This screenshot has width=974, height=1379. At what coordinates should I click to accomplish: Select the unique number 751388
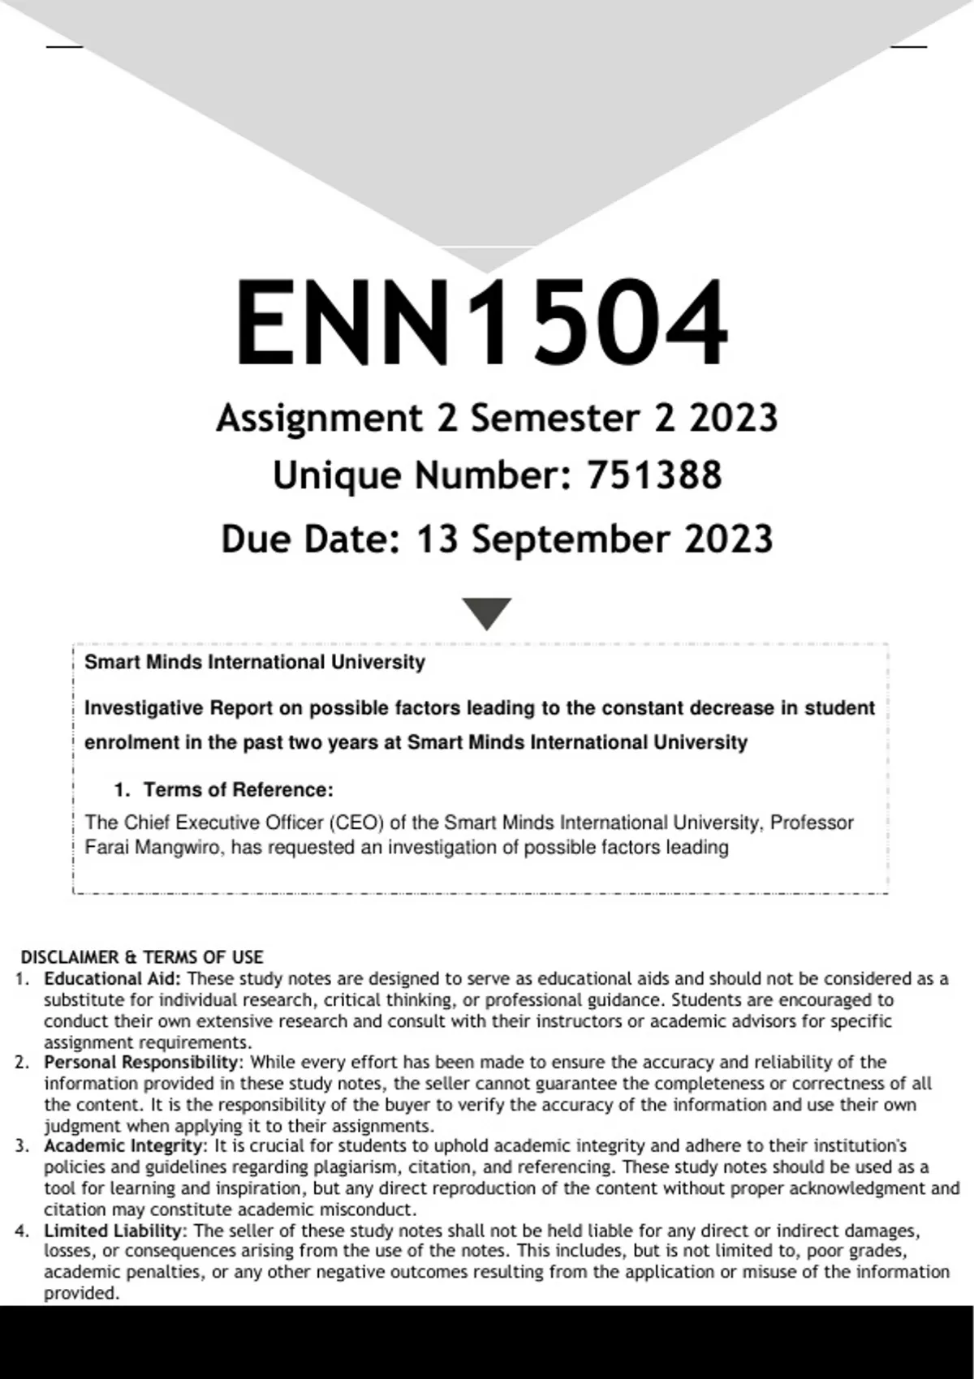pyautogui.click(x=653, y=475)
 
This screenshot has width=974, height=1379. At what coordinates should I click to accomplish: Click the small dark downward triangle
pyautogui.click(x=486, y=612)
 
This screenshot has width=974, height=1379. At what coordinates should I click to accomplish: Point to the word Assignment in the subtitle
pyautogui.click(x=319, y=419)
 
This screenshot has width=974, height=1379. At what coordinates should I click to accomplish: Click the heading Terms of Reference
pyautogui.click(x=238, y=789)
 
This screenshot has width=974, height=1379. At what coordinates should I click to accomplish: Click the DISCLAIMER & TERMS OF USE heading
pyautogui.click(x=142, y=957)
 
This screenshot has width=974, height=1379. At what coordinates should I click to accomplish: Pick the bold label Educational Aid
pyautogui.click(x=112, y=979)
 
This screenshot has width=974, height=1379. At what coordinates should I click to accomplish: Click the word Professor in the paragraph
pyautogui.click(x=812, y=823)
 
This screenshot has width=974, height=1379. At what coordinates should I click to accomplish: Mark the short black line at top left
pyautogui.click(x=64, y=47)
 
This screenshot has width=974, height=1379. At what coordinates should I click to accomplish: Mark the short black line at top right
pyautogui.click(x=909, y=47)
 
